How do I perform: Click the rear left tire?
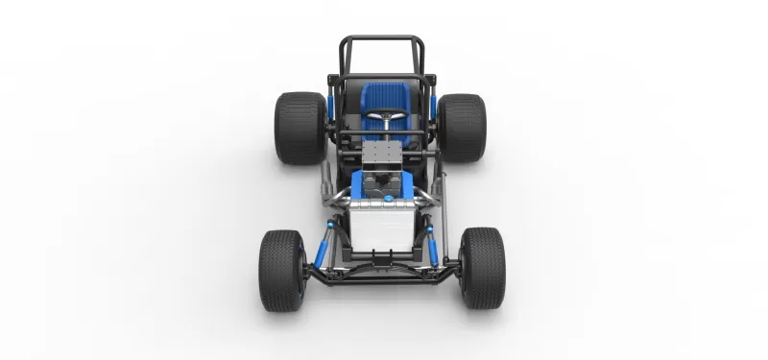[x=300, y=128]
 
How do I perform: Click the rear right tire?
[x=462, y=128]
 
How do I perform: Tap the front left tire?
[x=280, y=270]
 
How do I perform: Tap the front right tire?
[x=482, y=269]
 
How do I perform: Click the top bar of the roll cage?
[x=381, y=39]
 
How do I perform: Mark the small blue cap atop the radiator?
[x=389, y=200]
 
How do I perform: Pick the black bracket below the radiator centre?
[x=381, y=257]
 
